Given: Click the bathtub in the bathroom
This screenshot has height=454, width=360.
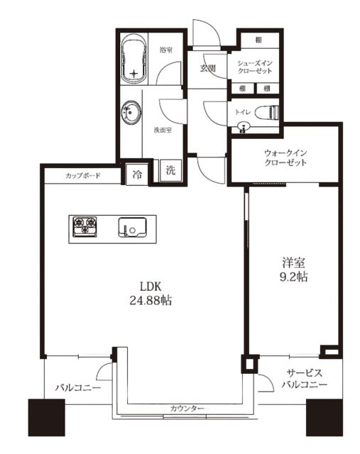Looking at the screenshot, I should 133,60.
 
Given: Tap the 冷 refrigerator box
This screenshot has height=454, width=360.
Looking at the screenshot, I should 135,172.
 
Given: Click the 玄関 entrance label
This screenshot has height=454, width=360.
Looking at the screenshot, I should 207,69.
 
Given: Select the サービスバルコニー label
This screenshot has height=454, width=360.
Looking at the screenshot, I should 303,379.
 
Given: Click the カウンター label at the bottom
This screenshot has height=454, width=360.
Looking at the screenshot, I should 187,409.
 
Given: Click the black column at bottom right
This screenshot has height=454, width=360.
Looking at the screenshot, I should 324,418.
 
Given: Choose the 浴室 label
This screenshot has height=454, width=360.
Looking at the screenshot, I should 166,50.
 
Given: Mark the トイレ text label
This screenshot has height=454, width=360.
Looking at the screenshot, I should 241,112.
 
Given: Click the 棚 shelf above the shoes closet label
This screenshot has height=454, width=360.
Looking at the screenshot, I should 258,40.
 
